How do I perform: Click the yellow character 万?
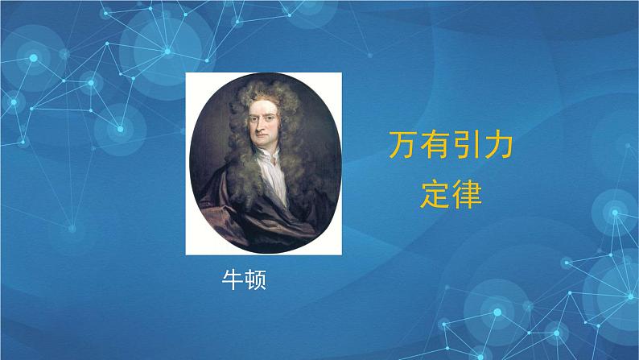[404, 148]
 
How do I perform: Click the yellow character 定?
[435, 193]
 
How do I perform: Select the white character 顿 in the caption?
[255, 280]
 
